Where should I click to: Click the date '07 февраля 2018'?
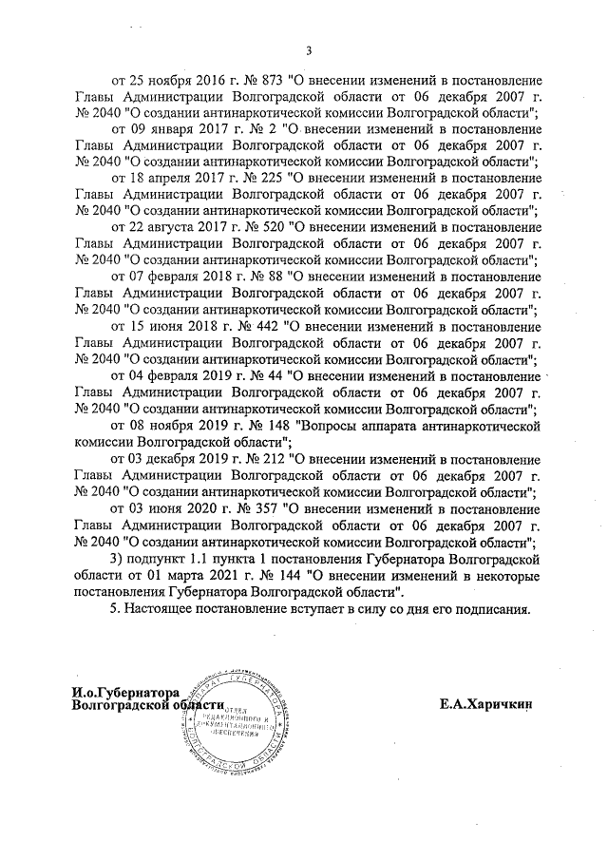[x=172, y=277]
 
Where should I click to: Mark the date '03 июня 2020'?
[x=162, y=508]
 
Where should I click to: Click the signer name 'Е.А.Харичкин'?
[x=486, y=705]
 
